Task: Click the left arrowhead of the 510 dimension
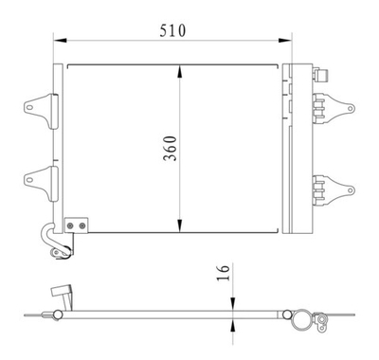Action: tap(57, 41)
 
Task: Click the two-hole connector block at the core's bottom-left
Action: tap(76, 225)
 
